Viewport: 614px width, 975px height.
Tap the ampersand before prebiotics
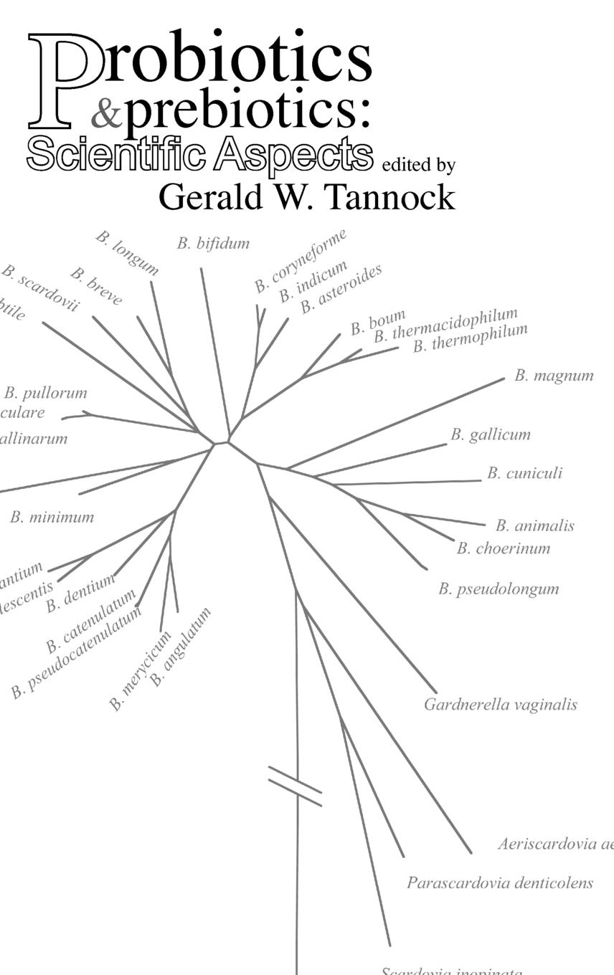pyautogui.click(x=107, y=114)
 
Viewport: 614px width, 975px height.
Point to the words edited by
pyautogui.click(x=419, y=166)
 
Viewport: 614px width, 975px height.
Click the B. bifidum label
pyautogui.click(x=213, y=244)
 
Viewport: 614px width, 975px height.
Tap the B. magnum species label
pyautogui.click(x=554, y=376)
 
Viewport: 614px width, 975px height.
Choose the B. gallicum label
pyautogui.click(x=491, y=434)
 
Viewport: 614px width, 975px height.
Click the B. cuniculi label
pyautogui.click(x=524, y=473)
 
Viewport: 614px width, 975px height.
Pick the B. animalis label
pyautogui.click(x=534, y=526)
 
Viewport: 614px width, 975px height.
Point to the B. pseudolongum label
pyautogui.click(x=499, y=589)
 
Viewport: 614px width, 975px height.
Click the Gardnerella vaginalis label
pyautogui.click(x=500, y=705)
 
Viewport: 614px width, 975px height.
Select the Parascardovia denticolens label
pyautogui.click(x=499, y=883)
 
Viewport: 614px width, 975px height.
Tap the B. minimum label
pyautogui.click(x=52, y=517)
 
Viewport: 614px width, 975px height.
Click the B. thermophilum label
pyautogui.click(x=470, y=338)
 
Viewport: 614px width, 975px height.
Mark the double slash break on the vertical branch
pyautogui.click(x=295, y=786)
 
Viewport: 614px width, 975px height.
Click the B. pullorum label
pyautogui.click(x=45, y=393)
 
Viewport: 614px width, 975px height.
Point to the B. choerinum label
pyautogui.click(x=504, y=548)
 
